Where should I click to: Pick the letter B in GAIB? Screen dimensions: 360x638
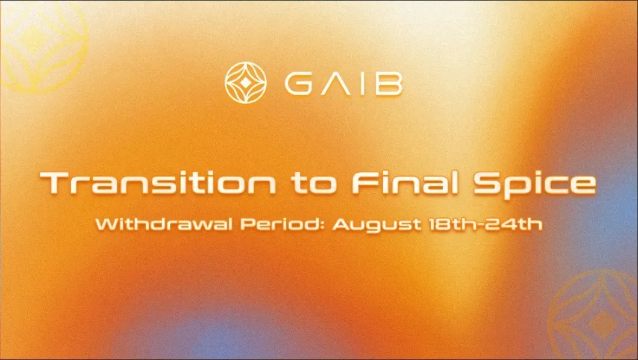click(x=387, y=84)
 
